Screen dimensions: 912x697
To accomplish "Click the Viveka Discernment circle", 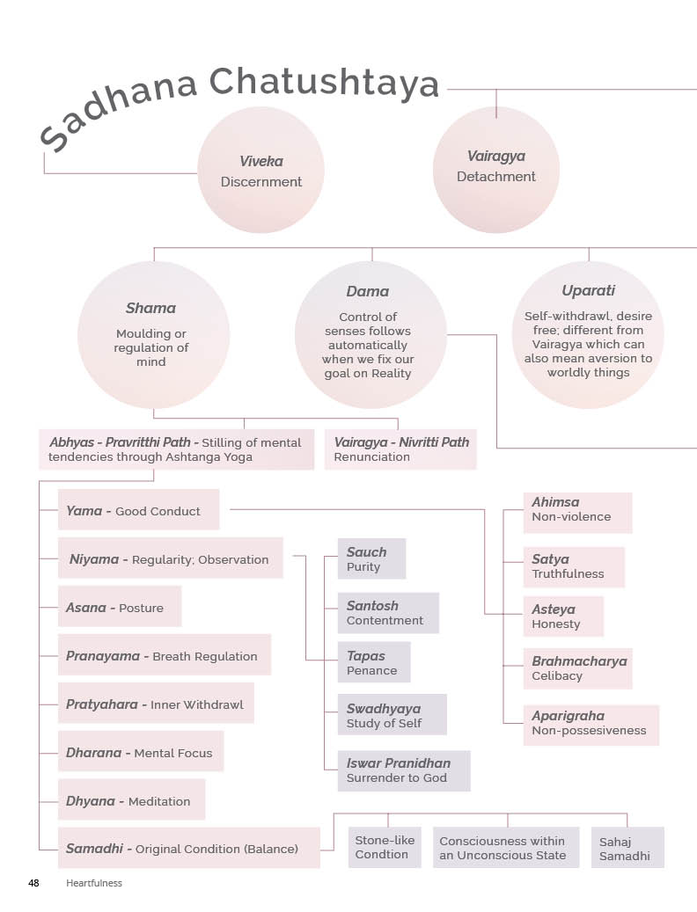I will (x=260, y=171).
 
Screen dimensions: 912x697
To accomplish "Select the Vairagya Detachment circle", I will (x=496, y=167).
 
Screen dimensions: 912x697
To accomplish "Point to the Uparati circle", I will (x=588, y=334).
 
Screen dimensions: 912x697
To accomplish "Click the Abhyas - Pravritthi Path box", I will (x=176, y=449).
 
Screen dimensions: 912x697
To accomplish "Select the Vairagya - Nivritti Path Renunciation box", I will (x=401, y=449).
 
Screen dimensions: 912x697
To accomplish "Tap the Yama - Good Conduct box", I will (x=138, y=510).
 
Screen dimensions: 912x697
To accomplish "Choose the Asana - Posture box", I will (x=120, y=607).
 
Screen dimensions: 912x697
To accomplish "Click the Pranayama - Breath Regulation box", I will (x=165, y=655).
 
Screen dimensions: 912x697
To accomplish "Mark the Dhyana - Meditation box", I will (x=131, y=800).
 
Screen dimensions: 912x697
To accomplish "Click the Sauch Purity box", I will (x=371, y=559).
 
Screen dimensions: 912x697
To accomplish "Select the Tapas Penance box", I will (x=373, y=662).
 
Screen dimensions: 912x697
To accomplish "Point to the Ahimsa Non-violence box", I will (x=577, y=513).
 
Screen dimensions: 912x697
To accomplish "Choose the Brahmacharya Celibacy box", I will (x=577, y=668).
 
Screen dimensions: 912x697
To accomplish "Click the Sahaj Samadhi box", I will (x=627, y=848).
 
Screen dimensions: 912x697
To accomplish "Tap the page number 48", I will (x=33, y=882).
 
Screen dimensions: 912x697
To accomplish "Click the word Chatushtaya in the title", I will (x=324, y=84).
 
